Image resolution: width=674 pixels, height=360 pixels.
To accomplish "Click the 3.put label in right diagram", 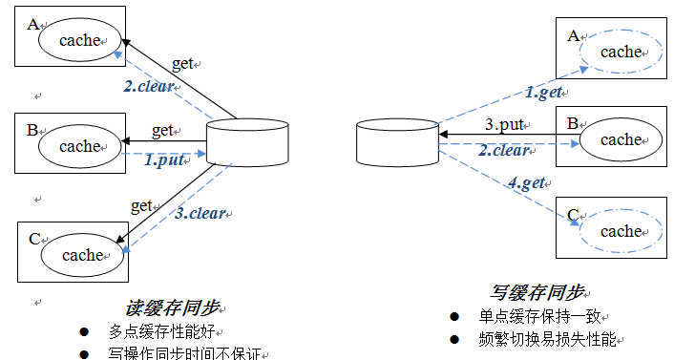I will pos(504,124).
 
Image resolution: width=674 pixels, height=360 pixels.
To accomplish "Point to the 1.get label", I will pos(543,92).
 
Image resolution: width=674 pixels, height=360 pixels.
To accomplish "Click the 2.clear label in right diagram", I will pos(504,151).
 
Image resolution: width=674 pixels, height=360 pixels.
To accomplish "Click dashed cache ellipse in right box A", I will pos(621,52).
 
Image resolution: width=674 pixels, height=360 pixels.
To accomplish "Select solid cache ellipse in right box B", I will pos(621,139).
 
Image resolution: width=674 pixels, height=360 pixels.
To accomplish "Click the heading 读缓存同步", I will pos(173,308).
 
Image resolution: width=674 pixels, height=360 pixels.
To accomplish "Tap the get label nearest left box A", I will pos(182,64).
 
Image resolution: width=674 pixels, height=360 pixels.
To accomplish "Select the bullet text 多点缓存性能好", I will pos(162,331).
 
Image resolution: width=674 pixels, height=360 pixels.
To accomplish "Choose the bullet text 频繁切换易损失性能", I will pos(548,338).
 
